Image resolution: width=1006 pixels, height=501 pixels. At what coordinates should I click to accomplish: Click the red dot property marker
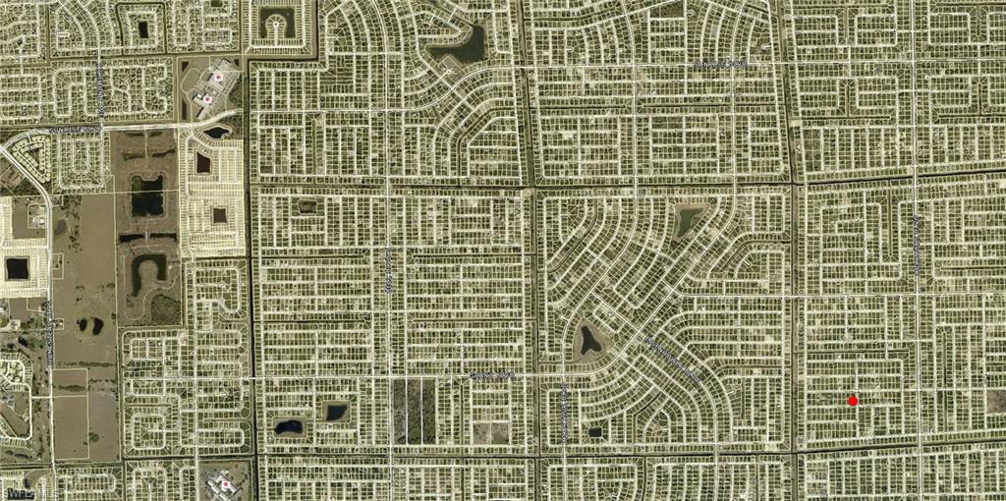(x=853, y=400)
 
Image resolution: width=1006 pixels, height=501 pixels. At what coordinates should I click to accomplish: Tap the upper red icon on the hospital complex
(x=219, y=76)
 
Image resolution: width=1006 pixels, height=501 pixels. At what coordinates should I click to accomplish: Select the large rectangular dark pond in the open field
(x=147, y=195)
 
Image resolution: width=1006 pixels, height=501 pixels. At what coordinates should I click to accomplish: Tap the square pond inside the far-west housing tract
(x=18, y=267)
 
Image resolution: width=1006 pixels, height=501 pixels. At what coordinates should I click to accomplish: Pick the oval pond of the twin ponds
(x=289, y=427)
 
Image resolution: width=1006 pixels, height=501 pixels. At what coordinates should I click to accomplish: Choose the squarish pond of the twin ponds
(x=336, y=411)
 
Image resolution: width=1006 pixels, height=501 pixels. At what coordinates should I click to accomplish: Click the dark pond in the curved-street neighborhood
(x=591, y=340)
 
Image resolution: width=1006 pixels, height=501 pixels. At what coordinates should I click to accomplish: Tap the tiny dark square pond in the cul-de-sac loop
(x=594, y=430)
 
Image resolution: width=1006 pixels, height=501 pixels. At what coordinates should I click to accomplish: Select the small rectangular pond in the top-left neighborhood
(x=143, y=29)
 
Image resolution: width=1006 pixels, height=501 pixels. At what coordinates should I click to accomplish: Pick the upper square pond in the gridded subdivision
(x=203, y=163)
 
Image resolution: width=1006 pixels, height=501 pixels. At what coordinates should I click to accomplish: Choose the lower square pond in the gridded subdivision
(x=219, y=214)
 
